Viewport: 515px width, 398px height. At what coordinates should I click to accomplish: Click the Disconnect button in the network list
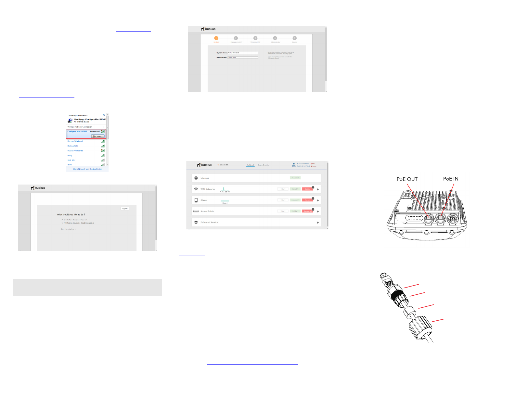click(98, 136)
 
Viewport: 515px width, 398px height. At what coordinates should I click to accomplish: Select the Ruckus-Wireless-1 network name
click(75, 141)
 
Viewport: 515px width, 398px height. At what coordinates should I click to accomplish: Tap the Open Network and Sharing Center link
click(87, 169)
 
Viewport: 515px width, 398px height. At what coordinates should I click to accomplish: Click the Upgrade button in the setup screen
click(125, 209)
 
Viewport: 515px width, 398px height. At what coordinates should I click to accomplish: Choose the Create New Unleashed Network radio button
click(62, 220)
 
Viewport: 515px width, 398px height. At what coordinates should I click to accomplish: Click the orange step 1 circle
click(216, 38)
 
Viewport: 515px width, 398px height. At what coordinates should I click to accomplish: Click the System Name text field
click(243, 53)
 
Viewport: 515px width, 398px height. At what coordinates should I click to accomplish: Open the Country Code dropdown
click(243, 57)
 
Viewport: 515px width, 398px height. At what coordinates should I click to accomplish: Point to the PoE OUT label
click(407, 179)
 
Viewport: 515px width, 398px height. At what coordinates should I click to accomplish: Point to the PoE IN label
click(451, 179)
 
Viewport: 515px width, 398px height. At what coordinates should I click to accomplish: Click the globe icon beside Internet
click(196, 178)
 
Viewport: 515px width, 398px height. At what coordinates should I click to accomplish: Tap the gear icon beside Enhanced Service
click(196, 222)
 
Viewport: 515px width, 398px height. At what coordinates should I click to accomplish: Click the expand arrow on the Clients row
click(318, 200)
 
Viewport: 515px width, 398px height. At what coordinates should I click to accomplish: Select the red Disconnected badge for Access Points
click(307, 211)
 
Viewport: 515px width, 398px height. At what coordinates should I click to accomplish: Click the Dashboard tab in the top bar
click(250, 165)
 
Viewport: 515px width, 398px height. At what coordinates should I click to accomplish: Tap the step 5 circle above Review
click(294, 38)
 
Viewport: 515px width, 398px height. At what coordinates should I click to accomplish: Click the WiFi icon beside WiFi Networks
click(196, 189)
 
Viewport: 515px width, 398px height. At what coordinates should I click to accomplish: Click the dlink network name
click(70, 165)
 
